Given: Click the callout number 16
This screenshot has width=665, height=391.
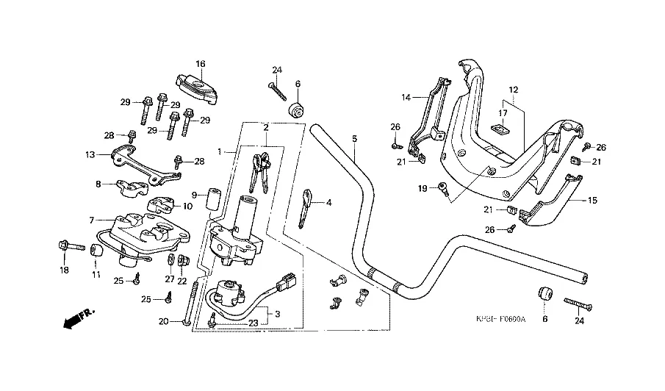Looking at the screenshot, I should point(201,63).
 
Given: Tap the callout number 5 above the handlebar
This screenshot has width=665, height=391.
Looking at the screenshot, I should point(353,138).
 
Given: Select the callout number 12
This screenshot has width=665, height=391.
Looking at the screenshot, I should point(514,90).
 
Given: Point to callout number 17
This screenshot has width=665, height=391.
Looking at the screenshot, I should point(503,113).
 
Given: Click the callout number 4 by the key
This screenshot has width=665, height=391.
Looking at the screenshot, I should point(329,202).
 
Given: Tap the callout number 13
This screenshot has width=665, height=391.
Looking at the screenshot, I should point(90,155).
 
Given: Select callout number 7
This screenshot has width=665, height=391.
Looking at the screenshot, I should point(93,220).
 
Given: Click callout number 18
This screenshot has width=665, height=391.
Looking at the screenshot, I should point(64,270).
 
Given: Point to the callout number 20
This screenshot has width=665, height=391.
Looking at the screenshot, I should point(163,321).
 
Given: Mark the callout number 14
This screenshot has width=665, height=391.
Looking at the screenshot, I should point(406,97).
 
